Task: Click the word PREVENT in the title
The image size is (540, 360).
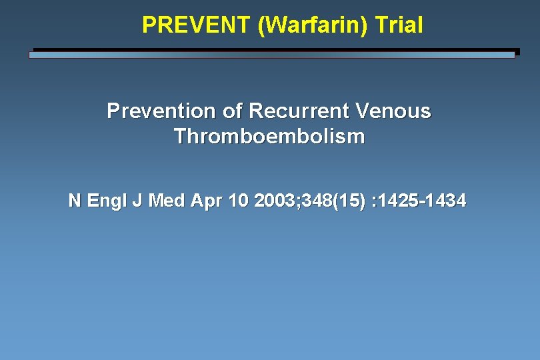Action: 196,25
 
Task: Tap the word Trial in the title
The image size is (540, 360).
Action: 399,25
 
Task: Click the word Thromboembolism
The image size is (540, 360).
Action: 269,137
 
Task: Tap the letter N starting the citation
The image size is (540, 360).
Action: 75,200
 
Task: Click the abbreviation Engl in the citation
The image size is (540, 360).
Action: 106,201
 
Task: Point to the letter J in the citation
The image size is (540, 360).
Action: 137,200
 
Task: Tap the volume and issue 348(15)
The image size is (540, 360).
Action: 331,200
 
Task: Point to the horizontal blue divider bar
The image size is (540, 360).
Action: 272,55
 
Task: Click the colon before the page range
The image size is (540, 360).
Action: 377,201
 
